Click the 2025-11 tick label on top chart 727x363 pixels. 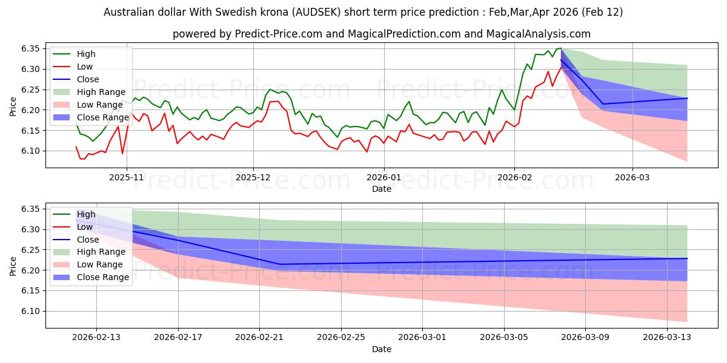126,177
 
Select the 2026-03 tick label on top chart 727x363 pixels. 632,177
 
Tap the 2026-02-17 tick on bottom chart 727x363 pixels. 179,338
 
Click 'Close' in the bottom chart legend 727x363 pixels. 88,240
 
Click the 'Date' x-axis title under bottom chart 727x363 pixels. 382,349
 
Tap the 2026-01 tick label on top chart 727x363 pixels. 383,177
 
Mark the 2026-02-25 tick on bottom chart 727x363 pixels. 342,338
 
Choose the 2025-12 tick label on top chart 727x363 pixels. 253,177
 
